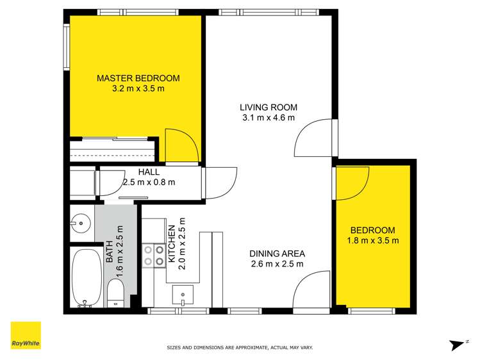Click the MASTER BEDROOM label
click(x=138, y=78)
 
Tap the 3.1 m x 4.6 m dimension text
click(x=269, y=118)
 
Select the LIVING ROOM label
click(x=269, y=107)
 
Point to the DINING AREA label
click(x=276, y=253)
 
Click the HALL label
click(x=149, y=172)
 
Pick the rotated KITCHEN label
click(x=171, y=245)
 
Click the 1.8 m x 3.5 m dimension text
click(x=373, y=241)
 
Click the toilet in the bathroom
click(x=116, y=293)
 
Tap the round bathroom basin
click(x=81, y=224)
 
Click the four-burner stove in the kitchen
click(x=153, y=255)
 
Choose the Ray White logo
click(x=26, y=336)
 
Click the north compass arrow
click(x=458, y=344)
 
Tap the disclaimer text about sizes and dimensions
click(x=240, y=347)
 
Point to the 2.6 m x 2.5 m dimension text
click(x=276, y=263)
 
